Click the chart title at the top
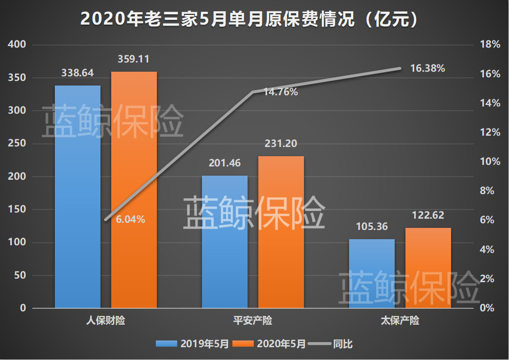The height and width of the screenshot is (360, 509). (x=254, y=19)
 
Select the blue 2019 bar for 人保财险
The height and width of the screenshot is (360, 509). (x=77, y=197)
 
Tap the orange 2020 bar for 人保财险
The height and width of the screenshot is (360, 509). (x=134, y=190)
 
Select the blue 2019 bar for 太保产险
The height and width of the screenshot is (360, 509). (x=372, y=273)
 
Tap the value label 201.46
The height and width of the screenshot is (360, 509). (x=225, y=163)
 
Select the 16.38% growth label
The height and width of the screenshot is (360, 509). (x=427, y=68)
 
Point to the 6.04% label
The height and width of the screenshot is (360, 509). (x=130, y=220)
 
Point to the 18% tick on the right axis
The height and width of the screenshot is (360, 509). (x=489, y=45)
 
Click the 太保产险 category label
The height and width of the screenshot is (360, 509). (x=400, y=321)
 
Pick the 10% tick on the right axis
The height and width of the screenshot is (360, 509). (x=489, y=162)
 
